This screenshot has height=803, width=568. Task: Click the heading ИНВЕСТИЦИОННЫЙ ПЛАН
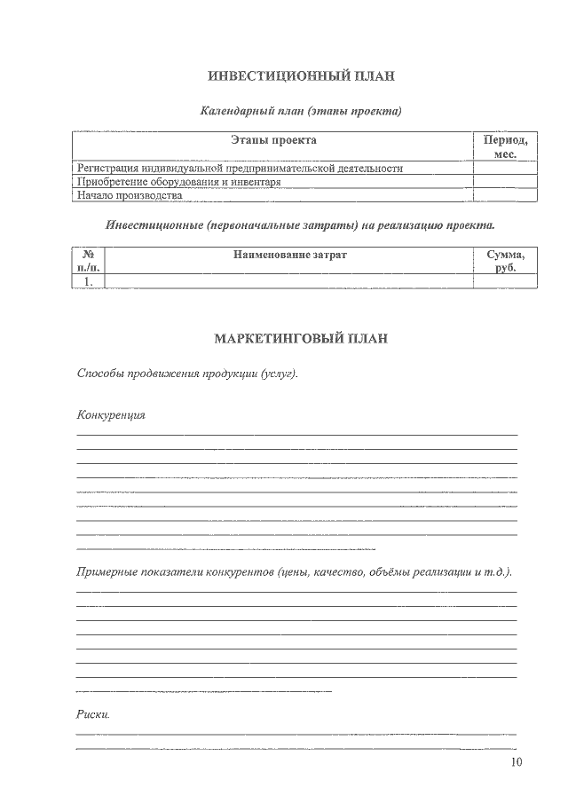click(301, 76)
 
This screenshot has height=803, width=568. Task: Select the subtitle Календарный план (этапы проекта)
click(301, 112)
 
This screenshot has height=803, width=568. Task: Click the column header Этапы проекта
click(273, 140)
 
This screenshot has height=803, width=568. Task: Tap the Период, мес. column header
click(505, 146)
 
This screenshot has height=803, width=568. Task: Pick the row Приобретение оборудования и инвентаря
click(179, 181)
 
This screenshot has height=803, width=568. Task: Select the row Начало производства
click(130, 194)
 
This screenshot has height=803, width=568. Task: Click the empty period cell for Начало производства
click(505, 194)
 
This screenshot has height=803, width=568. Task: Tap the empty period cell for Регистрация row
click(505, 167)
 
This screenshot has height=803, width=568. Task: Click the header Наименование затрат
click(289, 255)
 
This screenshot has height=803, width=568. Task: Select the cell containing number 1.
click(88, 280)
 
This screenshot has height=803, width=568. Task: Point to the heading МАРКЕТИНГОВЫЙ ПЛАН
click(301, 339)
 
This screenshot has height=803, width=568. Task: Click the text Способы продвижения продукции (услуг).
click(187, 374)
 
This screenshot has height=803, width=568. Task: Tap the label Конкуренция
click(111, 415)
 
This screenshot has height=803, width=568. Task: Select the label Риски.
click(93, 714)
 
